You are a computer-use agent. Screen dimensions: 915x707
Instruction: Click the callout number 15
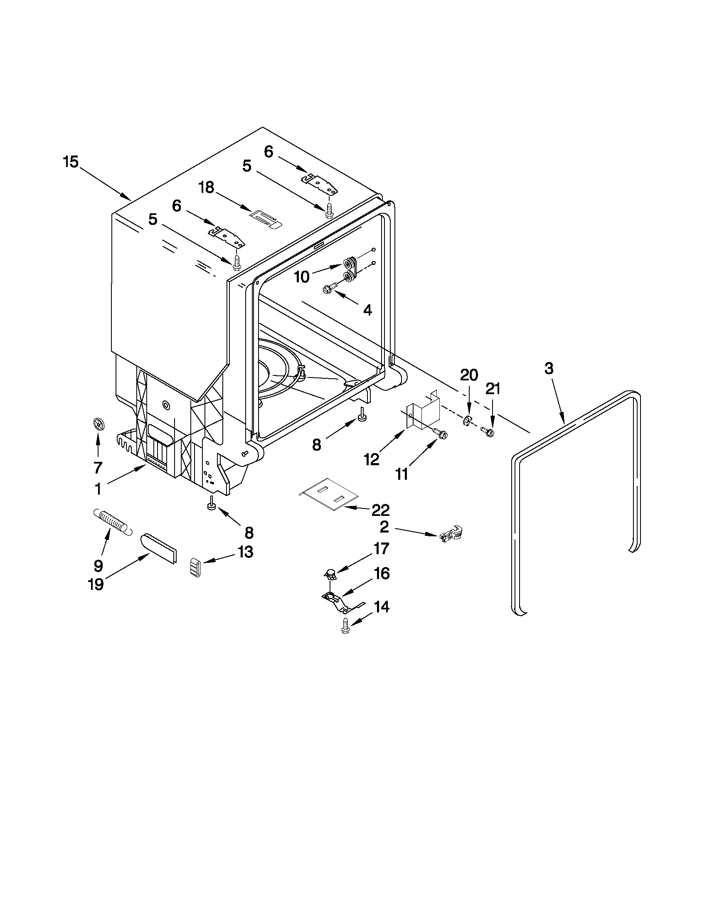pos(71,162)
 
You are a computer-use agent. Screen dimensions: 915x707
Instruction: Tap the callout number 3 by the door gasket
pos(549,368)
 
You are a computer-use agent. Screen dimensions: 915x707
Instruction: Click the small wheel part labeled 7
pos(98,425)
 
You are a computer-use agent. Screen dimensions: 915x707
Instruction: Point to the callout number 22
pos(380,509)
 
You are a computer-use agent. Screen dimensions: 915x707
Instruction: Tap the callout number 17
pos(382,548)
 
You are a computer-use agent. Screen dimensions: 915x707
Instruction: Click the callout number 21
pos(493,389)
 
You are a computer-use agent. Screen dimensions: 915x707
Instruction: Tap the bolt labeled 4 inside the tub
pos(329,288)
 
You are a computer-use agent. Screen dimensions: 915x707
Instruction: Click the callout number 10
pos(302,276)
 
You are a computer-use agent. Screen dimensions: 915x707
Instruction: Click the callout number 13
pos(245,552)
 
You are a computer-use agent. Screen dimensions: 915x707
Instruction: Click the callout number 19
pos(96,585)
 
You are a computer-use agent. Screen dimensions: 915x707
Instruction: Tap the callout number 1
pos(98,489)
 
